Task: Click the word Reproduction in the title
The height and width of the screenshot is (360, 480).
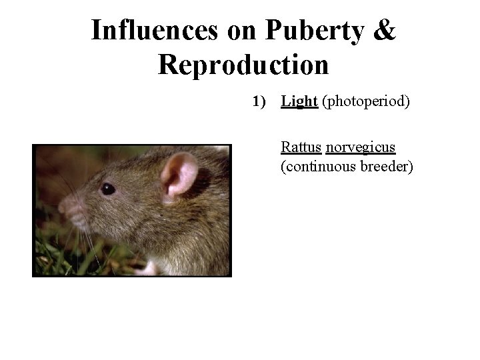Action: (x=243, y=65)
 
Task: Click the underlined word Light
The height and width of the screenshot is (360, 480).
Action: (x=299, y=101)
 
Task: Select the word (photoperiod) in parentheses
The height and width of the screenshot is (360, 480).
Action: (x=365, y=101)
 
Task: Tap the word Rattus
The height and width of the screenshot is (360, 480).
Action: (x=301, y=147)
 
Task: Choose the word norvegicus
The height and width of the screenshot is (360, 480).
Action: (x=361, y=147)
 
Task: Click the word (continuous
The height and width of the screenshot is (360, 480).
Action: (x=319, y=166)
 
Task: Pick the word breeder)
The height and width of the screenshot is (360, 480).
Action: (x=387, y=166)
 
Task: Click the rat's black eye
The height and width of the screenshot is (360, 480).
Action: (x=107, y=189)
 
